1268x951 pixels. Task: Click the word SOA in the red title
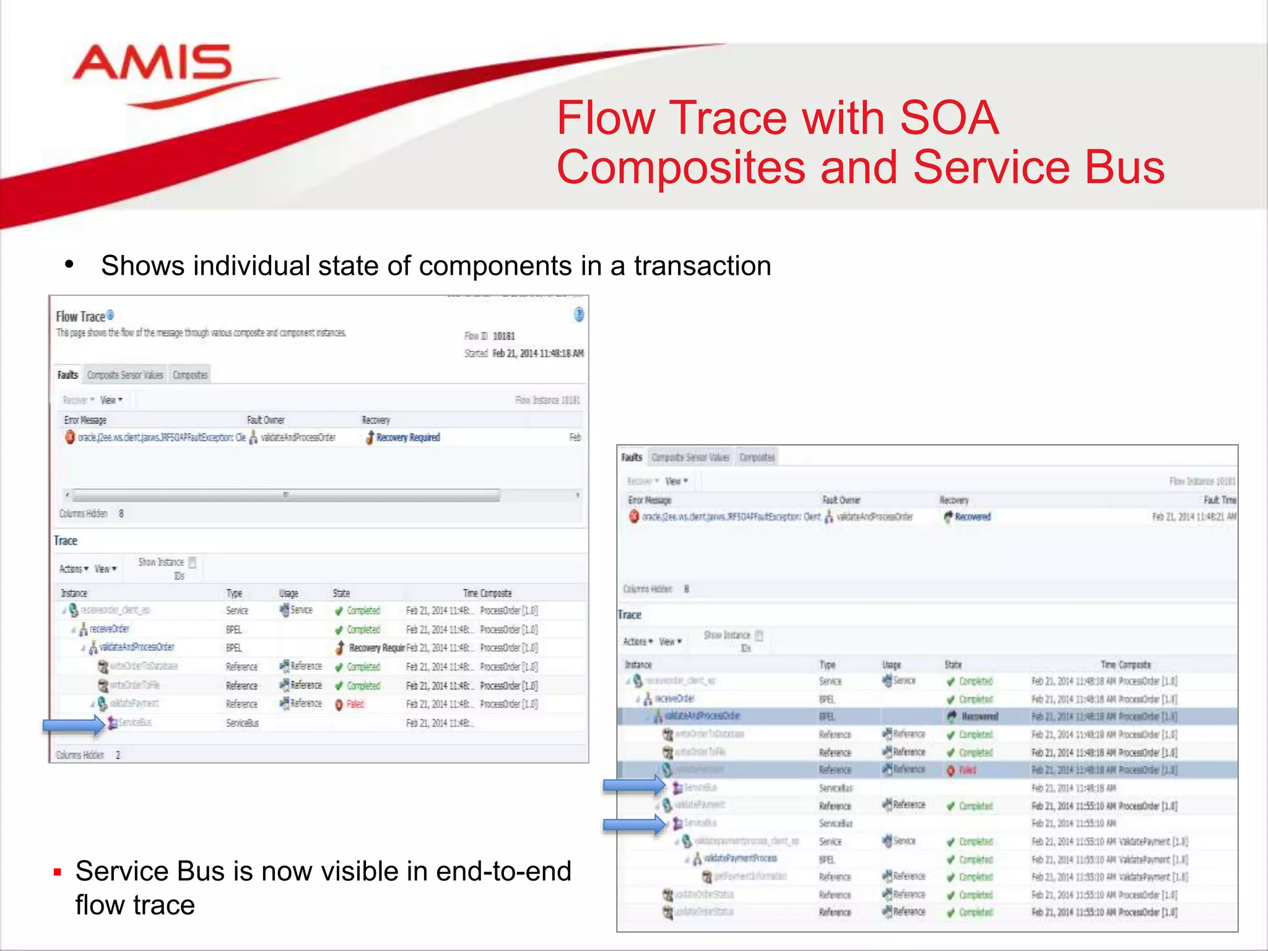[x=949, y=118]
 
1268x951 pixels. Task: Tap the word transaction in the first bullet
[x=702, y=266]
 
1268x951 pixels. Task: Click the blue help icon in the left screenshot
[x=578, y=315]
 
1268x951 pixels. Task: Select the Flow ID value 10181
[x=504, y=336]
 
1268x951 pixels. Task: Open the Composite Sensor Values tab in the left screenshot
[x=125, y=375]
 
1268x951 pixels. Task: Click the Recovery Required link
[x=408, y=438]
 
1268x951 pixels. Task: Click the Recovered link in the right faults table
[x=972, y=517]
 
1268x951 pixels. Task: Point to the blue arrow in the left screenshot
[x=74, y=724]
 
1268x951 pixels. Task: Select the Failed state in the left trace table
[x=355, y=705]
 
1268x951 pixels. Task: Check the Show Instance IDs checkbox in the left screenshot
[x=193, y=563]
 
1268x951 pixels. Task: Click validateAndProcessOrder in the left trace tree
[x=137, y=648]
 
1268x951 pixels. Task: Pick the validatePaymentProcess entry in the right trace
[x=740, y=859]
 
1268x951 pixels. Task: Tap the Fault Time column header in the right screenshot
[x=1219, y=500]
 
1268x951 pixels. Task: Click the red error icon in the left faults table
[x=70, y=437]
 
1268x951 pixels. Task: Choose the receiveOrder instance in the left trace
[x=109, y=629]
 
